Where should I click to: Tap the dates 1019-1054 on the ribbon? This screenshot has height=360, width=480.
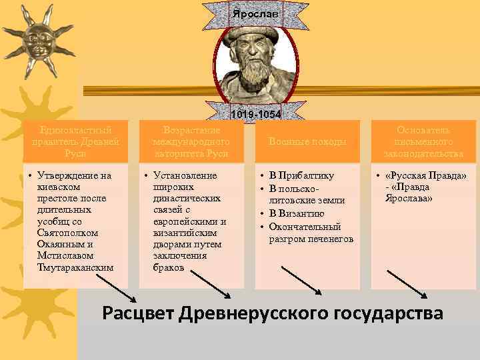pyautogui.click(x=255, y=115)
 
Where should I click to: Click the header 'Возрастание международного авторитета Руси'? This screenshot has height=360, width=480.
pyautogui.click(x=191, y=141)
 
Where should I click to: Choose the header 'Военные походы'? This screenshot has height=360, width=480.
pyautogui.click(x=308, y=141)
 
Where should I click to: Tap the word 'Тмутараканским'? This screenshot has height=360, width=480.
pyautogui.click(x=76, y=267)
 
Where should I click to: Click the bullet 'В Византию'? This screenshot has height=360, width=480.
pyautogui.click(x=297, y=214)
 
